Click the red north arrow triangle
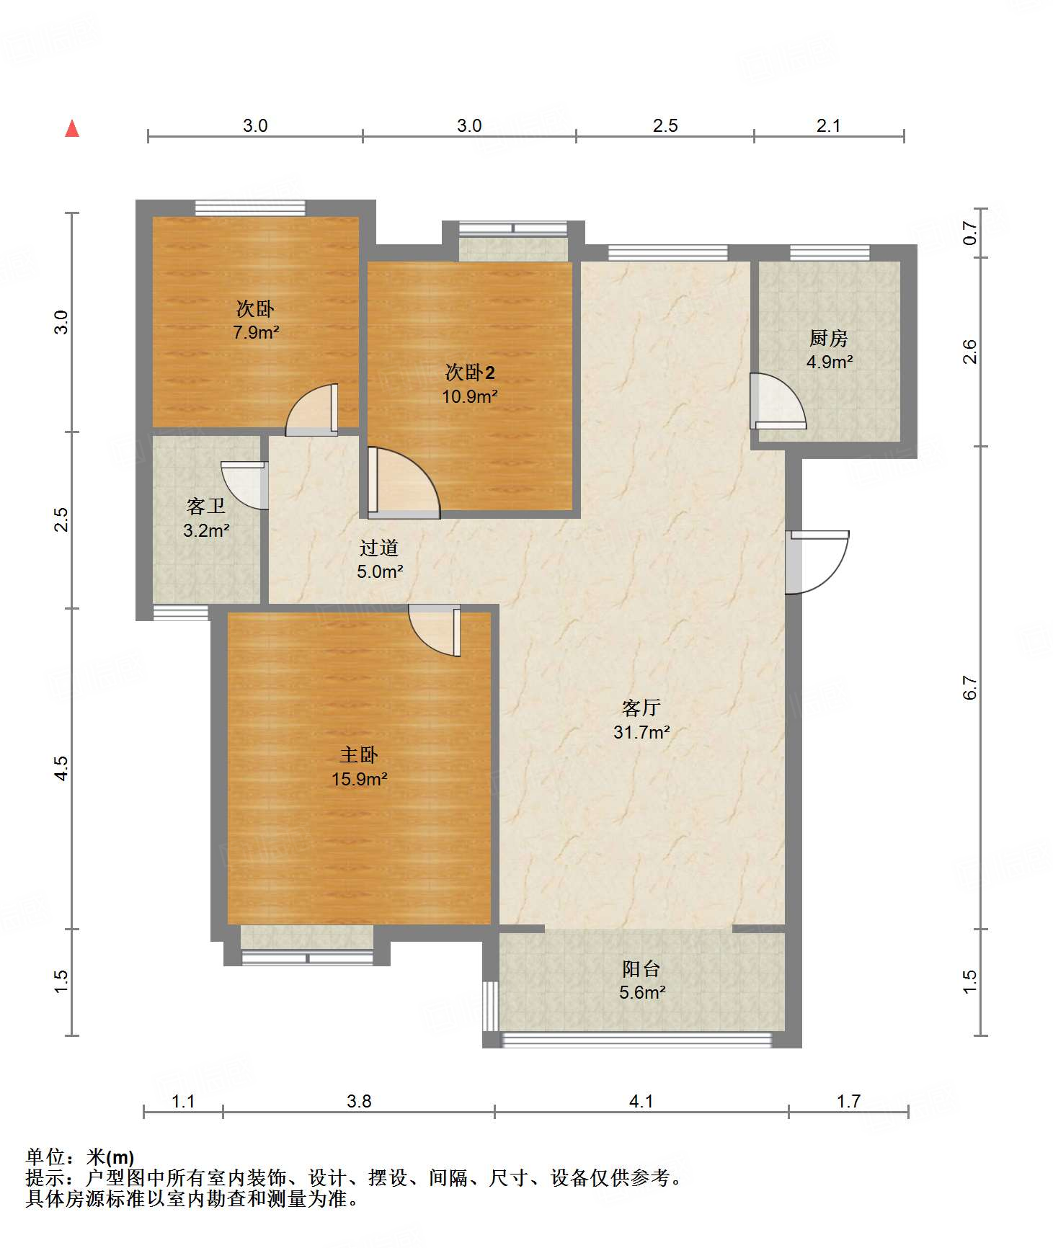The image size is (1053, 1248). (72, 128)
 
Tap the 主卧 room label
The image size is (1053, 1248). (359, 754)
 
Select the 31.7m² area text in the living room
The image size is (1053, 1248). (641, 732)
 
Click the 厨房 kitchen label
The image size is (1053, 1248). (829, 337)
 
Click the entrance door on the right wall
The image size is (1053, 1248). (817, 562)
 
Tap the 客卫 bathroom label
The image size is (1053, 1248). (206, 506)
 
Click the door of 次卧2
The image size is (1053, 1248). (404, 483)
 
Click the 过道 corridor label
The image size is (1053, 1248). (379, 548)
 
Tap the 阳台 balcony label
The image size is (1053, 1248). (641, 968)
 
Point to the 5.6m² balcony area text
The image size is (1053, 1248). (642, 992)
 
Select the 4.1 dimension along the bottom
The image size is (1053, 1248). (641, 1101)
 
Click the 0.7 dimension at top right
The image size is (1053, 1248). (970, 233)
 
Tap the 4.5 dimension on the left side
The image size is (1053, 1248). (62, 768)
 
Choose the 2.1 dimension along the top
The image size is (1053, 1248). (829, 125)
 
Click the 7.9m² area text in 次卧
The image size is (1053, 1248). (256, 332)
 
